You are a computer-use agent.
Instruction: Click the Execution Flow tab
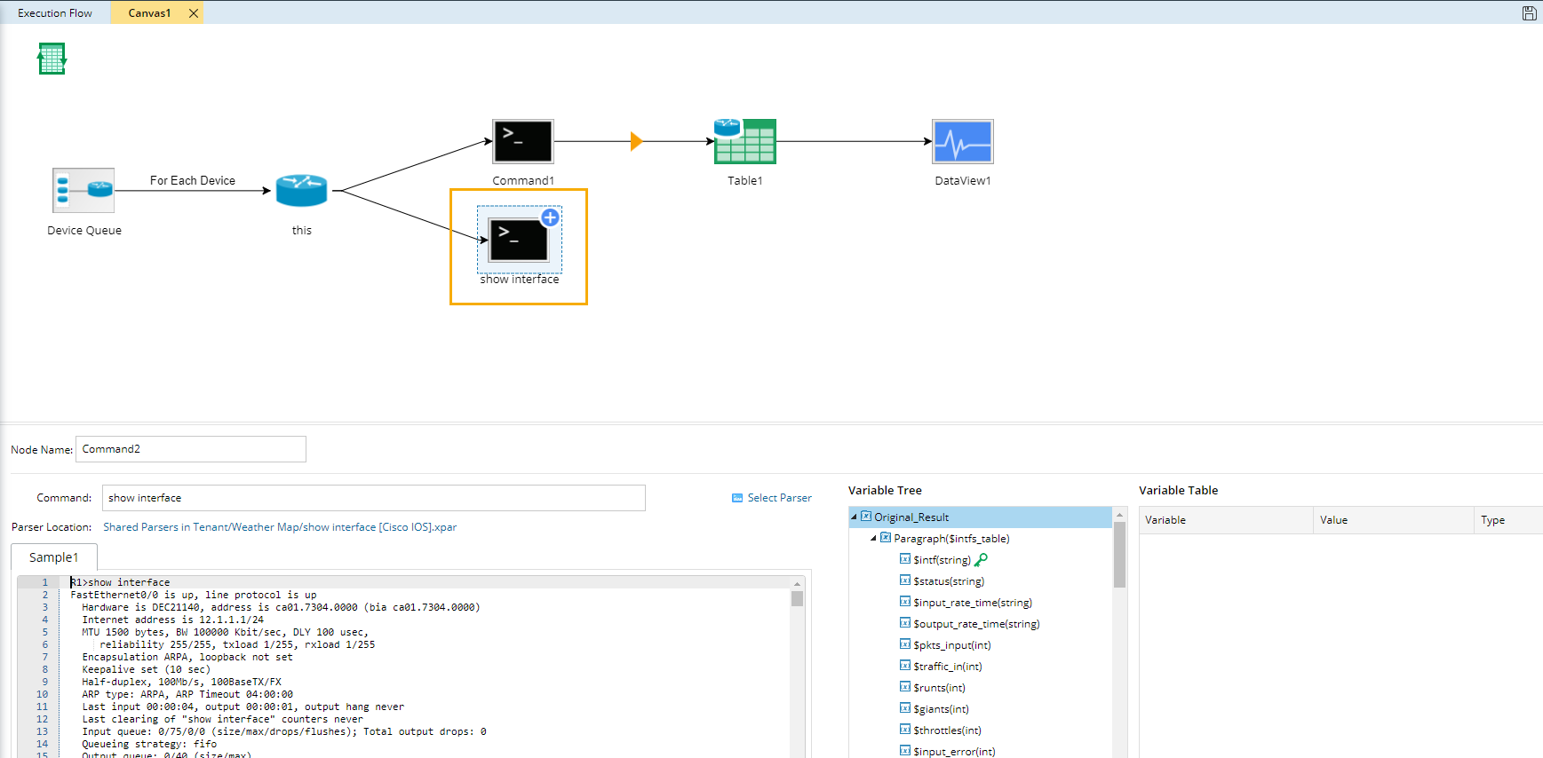coord(55,13)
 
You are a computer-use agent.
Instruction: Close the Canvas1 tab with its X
coord(194,13)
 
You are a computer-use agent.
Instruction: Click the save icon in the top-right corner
coord(1529,13)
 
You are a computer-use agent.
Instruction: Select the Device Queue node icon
coord(84,190)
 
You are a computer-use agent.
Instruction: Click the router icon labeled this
coord(302,190)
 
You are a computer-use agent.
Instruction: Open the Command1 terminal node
coord(523,141)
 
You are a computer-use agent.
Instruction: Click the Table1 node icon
coord(745,141)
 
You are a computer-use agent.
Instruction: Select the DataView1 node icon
coord(963,141)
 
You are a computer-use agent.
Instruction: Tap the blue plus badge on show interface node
coord(550,217)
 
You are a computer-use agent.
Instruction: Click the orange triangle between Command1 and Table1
coord(636,141)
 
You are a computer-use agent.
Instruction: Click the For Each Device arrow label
coord(193,180)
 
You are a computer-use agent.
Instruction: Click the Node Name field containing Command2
coord(191,449)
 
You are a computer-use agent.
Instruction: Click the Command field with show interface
coord(374,498)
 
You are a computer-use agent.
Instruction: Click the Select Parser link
coord(771,498)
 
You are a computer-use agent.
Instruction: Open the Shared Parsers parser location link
coord(280,527)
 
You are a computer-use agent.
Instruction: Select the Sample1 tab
coord(54,557)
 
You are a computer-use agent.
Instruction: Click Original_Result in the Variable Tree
coord(911,517)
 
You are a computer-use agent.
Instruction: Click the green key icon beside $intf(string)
coord(981,560)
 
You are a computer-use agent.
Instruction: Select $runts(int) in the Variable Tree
coord(939,688)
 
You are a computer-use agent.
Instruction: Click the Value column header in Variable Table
coord(1333,520)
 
